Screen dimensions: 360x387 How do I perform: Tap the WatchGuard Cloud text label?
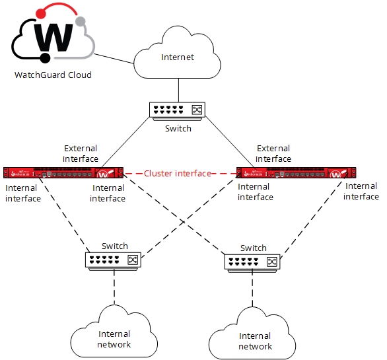click(53, 75)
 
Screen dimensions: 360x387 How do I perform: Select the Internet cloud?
click(178, 58)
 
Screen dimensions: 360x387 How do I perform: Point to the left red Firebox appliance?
click(63, 174)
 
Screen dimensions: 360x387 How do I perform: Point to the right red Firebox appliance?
click(297, 174)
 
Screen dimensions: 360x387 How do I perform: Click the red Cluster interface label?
click(178, 174)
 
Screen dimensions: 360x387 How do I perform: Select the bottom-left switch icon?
click(114, 260)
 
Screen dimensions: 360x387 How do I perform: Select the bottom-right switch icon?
click(254, 262)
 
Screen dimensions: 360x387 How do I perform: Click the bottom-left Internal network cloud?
click(114, 338)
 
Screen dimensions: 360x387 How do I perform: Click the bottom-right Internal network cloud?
click(255, 341)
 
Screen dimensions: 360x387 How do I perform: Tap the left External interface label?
click(81, 153)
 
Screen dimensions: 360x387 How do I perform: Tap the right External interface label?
click(273, 153)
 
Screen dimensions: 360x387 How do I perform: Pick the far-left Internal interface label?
click(22, 193)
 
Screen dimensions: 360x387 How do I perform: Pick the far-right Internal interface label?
click(361, 192)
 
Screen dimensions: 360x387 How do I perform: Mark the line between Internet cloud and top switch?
click(178, 89)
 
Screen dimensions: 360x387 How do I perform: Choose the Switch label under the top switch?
click(178, 128)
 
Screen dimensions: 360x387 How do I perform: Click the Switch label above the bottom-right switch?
click(254, 248)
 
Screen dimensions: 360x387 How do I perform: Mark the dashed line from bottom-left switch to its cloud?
click(114, 287)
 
